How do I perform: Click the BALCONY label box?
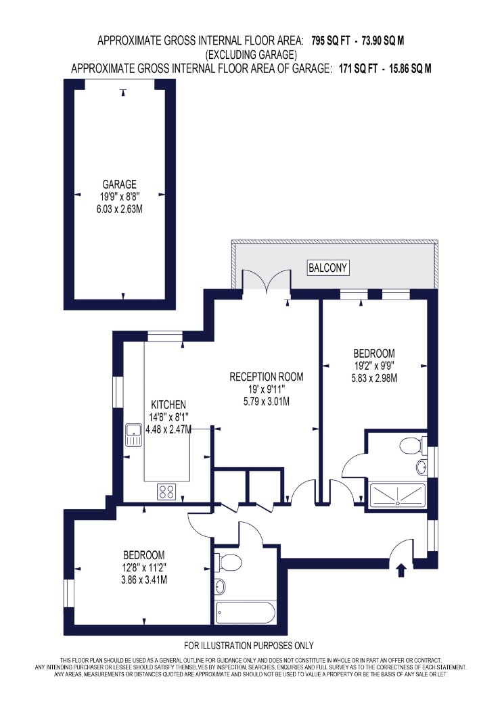(x=327, y=267)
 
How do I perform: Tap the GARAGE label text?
(x=119, y=185)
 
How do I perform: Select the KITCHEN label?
(x=168, y=405)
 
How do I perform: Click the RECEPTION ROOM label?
(x=267, y=377)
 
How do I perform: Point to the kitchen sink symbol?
(x=134, y=435)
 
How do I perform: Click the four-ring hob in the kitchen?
(x=166, y=492)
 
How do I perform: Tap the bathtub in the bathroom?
(x=246, y=613)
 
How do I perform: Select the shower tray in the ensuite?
(x=398, y=496)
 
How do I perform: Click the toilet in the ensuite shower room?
(x=413, y=446)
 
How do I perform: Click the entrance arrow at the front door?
(x=401, y=570)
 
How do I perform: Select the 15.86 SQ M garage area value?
(x=410, y=69)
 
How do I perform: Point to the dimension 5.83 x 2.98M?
(x=374, y=377)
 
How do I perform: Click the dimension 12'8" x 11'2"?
(x=144, y=567)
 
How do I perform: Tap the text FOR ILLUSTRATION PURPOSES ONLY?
(x=249, y=645)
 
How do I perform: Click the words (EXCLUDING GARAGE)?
(x=252, y=55)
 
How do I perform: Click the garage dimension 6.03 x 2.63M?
(x=120, y=209)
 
